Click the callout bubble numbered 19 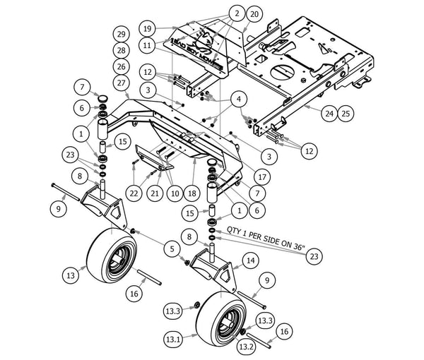pos(148,29)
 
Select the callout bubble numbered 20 pos(254,14)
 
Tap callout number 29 pos(122,35)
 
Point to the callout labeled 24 pos(329,114)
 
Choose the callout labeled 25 pos(346,114)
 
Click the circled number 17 pos(262,177)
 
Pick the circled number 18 pos(192,193)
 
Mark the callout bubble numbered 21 pos(155,193)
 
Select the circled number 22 pos(134,193)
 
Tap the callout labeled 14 pos(251,260)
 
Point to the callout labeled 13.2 pos(246,347)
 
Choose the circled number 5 pos(172,248)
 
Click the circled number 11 pos(147,45)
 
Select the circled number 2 pos(237,13)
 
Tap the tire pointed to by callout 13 pos(112,256)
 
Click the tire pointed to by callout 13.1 pos(221,319)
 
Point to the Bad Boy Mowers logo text pos(197,53)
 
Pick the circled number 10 pos(175,193)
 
